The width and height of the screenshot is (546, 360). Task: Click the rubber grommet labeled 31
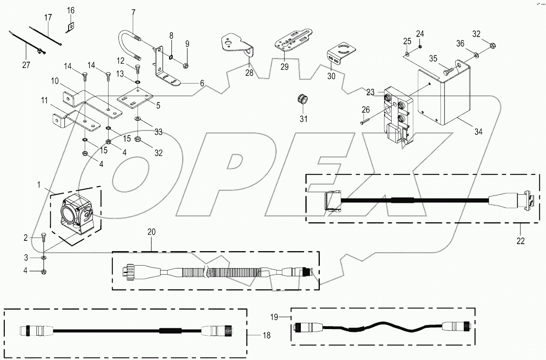[x=303, y=99]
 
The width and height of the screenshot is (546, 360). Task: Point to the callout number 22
[x=520, y=241]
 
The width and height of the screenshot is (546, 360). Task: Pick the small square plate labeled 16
[x=71, y=27]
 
